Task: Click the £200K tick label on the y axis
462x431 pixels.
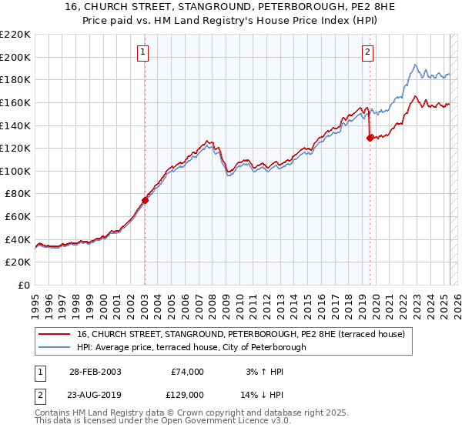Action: coord(15,57)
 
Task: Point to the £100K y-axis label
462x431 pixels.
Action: coord(15,171)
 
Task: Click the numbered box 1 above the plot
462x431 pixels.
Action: coord(144,52)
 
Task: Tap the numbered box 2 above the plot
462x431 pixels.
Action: coord(367,52)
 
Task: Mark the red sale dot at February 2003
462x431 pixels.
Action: coord(145,200)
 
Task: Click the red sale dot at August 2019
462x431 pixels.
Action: coord(370,138)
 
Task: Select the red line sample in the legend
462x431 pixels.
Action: coord(54,334)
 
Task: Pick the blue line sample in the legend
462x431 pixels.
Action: coord(54,347)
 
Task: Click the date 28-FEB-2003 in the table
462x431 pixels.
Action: coord(95,372)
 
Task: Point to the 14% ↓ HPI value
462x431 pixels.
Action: coord(263,393)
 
